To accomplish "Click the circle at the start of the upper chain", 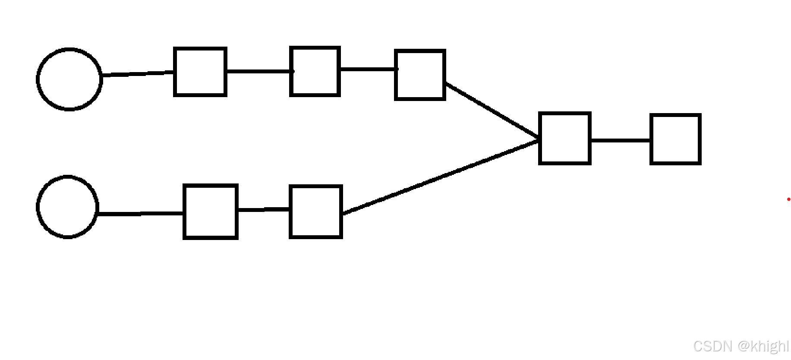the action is point(69,79).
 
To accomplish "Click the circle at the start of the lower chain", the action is point(68,207).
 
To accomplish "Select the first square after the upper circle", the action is point(200,72).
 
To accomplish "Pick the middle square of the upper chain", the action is point(315,71).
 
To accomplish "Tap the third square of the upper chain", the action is point(420,75).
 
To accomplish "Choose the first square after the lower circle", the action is point(211,212).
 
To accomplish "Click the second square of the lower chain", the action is point(316,212).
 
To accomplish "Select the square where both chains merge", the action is point(564,138).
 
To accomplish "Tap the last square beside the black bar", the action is point(675,139).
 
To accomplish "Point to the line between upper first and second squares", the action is point(259,71).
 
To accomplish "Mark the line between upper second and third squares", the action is point(368,69).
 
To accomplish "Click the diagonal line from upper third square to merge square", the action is point(492,111).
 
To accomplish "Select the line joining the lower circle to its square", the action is point(141,213).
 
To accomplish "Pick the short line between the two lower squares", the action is point(264,209).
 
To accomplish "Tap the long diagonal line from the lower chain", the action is point(440,176).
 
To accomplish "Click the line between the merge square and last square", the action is point(620,140).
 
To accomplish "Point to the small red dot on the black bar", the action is point(788,199).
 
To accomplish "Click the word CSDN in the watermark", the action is point(712,346).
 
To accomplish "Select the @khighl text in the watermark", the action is point(763,346).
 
